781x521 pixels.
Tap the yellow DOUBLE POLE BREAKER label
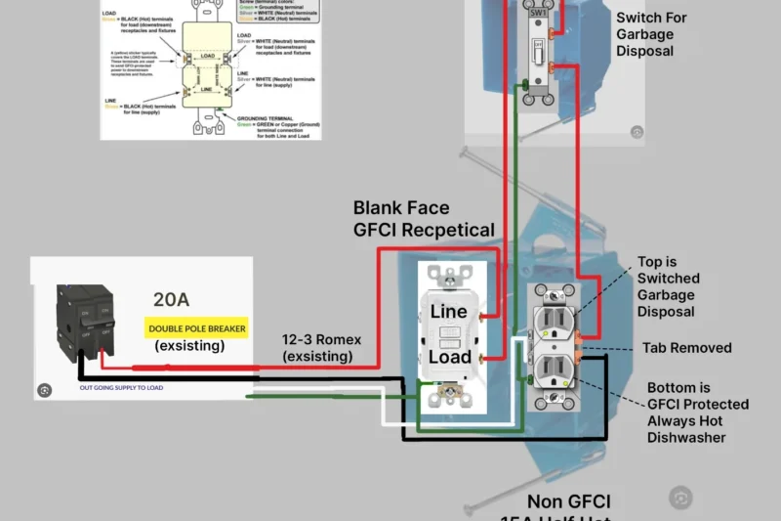coord(196,328)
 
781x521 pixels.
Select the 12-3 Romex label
coord(322,339)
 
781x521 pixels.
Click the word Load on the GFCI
coord(450,357)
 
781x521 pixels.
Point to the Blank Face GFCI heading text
coord(424,218)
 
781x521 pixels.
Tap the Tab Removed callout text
coord(686,348)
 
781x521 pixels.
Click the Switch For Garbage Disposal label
coord(651,34)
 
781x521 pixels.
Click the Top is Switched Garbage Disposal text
coord(668,286)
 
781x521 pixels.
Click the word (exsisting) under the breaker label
coord(188,347)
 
